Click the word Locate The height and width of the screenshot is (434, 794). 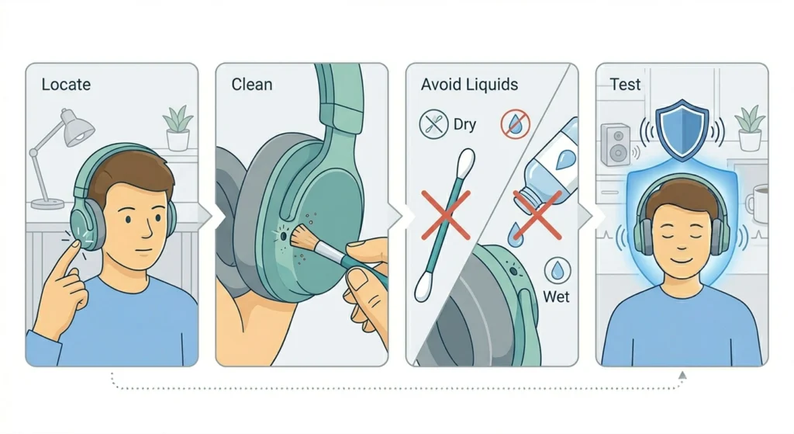[x=66, y=84]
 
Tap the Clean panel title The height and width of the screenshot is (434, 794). [x=252, y=84]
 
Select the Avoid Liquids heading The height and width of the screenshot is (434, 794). [x=469, y=84]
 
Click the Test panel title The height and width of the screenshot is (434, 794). [x=625, y=84]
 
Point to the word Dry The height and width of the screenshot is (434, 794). [x=464, y=125]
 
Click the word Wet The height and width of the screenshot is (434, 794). [x=556, y=296]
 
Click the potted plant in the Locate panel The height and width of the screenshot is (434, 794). [x=178, y=128]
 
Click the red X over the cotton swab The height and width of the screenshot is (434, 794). [x=446, y=214]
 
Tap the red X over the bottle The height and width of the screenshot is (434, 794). [x=537, y=214]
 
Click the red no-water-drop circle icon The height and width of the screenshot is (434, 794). [x=516, y=124]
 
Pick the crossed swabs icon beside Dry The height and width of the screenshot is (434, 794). [x=434, y=124]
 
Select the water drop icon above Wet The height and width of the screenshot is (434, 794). [x=558, y=270]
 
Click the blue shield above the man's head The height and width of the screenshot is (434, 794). [x=682, y=130]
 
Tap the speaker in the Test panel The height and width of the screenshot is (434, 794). [x=616, y=144]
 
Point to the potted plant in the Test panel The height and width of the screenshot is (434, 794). [x=750, y=128]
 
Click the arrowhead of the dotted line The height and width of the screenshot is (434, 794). [x=682, y=375]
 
